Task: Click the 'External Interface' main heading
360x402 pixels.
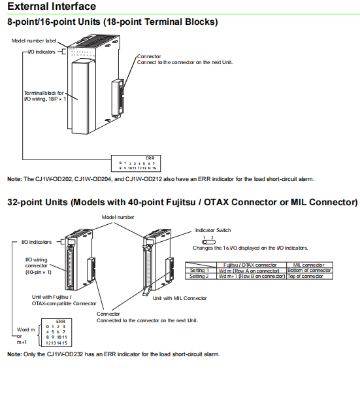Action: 52,6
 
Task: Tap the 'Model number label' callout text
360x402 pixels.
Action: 34,41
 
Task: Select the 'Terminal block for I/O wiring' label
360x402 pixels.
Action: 45,96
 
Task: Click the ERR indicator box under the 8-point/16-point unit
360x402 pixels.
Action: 136,163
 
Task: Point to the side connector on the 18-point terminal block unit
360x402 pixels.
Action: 118,97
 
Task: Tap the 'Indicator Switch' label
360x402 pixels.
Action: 213,230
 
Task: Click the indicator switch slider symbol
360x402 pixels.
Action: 209,242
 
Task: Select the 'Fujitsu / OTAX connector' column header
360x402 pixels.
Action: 250,265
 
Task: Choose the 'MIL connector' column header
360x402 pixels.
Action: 309,265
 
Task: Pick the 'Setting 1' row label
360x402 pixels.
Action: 199,270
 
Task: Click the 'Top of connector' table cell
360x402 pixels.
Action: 305,276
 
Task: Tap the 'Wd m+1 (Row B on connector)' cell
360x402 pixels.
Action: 252,276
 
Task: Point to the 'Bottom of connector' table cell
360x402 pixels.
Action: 309,270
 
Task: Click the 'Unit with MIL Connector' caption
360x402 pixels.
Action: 180,298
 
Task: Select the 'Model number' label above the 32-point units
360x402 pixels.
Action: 118,217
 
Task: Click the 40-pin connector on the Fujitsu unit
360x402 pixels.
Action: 70,267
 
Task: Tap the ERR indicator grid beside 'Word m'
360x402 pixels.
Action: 56,333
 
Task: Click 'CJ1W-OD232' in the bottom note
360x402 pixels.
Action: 65,354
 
